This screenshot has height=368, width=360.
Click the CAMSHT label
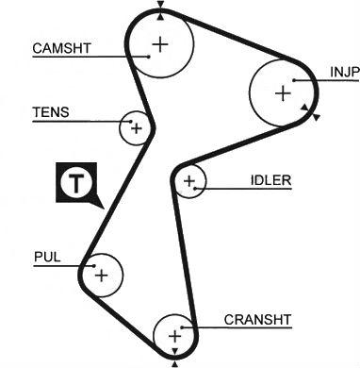61,48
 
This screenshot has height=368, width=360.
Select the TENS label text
51,112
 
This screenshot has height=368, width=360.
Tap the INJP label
344,73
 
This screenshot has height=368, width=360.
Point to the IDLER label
270,180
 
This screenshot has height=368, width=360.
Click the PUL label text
47,257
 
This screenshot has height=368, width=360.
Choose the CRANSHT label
257,320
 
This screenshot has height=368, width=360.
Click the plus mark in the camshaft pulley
160,44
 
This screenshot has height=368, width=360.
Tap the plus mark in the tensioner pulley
137,128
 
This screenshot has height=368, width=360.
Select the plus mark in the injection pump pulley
283,93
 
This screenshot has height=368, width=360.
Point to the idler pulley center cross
189,181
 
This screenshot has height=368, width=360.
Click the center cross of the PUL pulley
102,276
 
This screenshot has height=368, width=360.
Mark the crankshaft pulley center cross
174,337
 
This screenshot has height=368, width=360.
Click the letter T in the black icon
76,182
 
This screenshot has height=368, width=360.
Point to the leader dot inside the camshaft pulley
149,57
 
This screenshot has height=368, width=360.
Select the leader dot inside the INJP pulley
294,80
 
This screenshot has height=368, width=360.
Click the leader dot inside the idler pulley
195,189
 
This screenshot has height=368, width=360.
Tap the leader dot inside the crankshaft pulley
182,327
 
